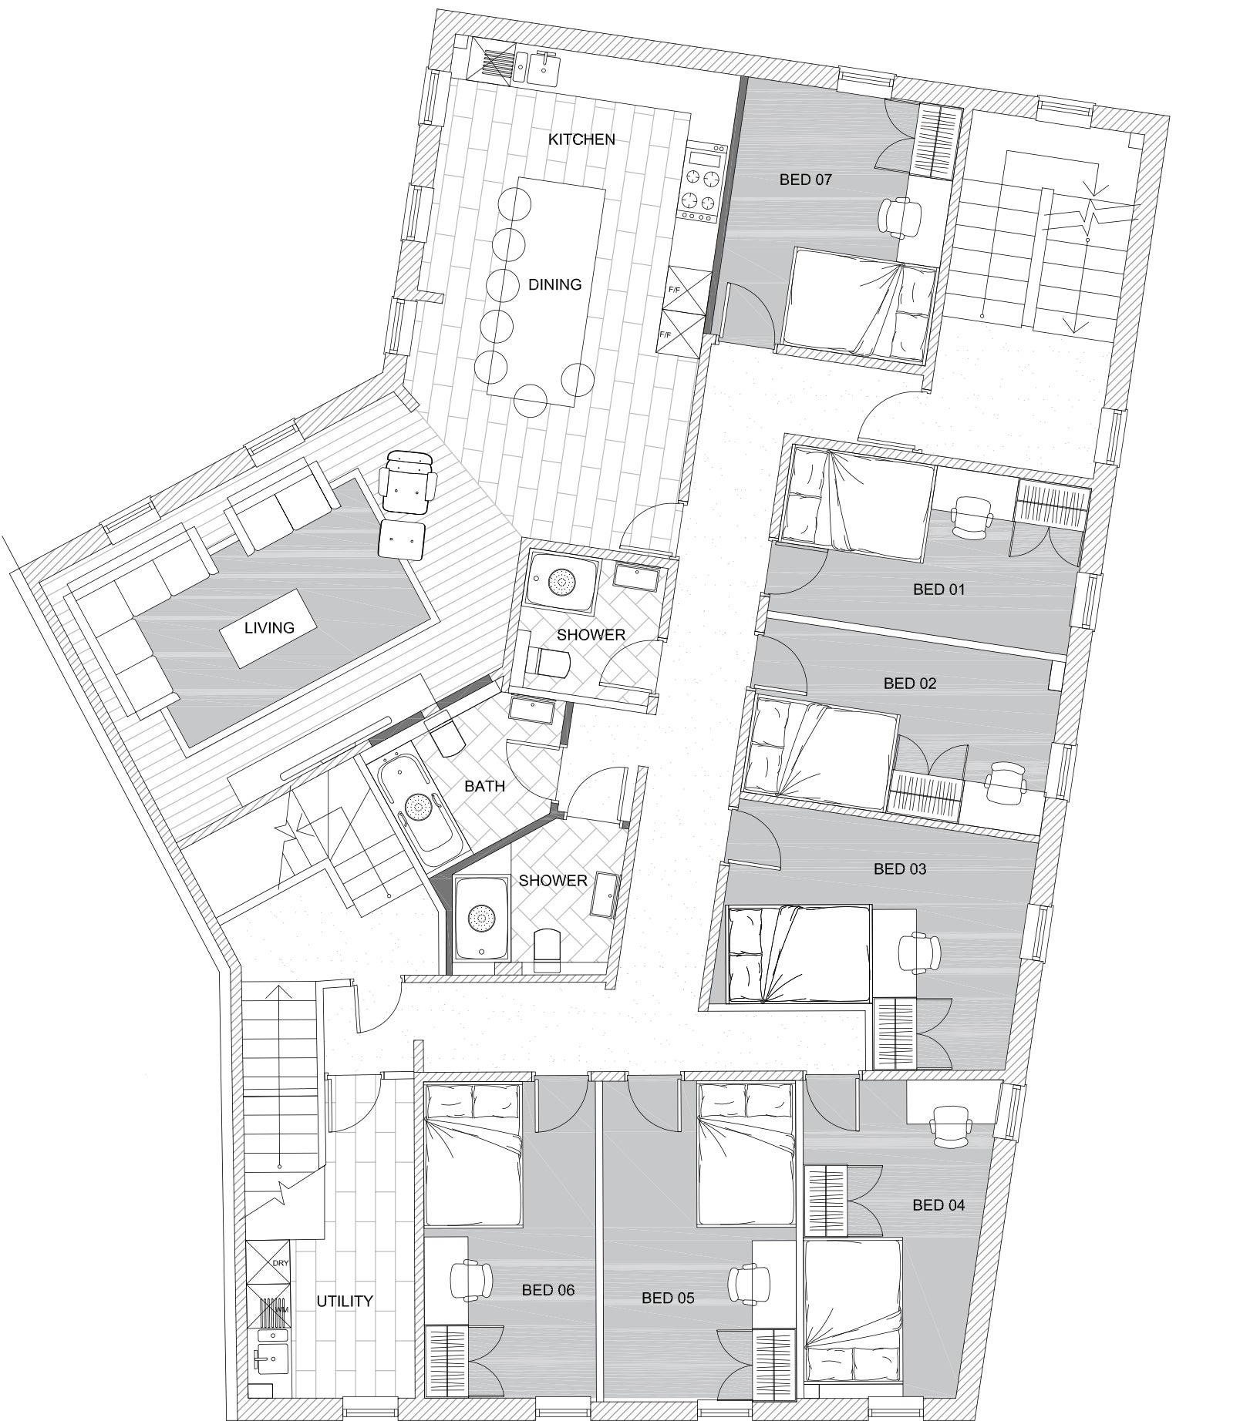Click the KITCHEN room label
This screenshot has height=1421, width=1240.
pos(581,139)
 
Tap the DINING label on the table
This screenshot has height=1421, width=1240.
pos(554,284)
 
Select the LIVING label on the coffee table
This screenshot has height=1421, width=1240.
pos(269,627)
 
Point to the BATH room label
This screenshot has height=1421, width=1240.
pos(484,786)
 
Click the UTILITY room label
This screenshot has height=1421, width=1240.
pos(345,1301)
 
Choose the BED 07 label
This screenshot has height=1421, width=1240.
pos(806,180)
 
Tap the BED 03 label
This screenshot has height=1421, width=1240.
pos(900,868)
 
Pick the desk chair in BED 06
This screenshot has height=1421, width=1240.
pos(471,1280)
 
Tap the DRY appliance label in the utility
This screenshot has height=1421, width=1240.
pos(279,1264)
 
